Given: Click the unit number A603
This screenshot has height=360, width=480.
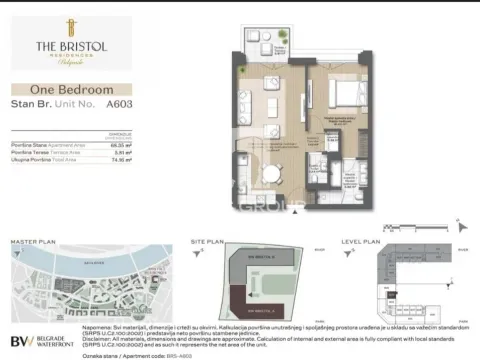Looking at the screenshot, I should pos(121,103).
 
